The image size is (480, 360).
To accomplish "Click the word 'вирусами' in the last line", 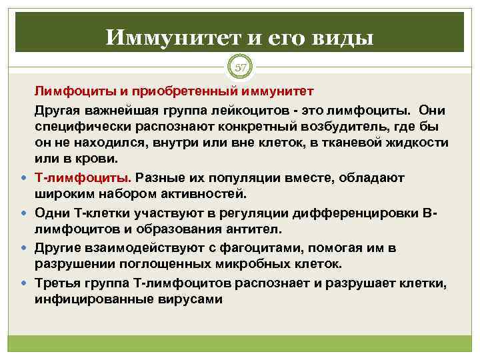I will coord(189,299).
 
